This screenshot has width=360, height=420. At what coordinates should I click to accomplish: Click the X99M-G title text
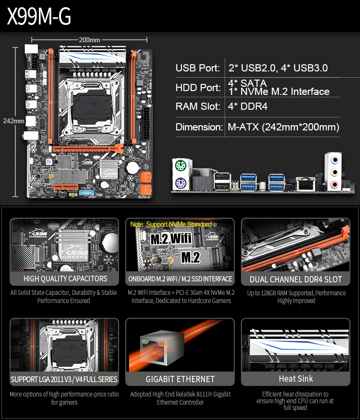[39, 16]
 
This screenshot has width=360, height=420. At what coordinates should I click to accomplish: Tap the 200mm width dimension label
[90, 39]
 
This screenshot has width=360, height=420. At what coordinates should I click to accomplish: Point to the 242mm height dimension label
[13, 121]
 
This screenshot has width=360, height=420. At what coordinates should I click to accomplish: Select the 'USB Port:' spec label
[198, 68]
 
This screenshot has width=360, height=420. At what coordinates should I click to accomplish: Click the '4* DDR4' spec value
[248, 106]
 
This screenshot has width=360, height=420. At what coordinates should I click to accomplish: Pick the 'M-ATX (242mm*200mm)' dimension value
[283, 127]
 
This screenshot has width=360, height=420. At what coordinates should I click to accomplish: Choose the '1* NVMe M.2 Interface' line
[278, 92]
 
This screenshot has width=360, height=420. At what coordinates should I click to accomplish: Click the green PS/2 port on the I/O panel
[180, 167]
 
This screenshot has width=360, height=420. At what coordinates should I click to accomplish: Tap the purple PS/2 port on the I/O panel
[180, 184]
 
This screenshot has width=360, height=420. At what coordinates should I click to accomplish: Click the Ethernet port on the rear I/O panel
[305, 183]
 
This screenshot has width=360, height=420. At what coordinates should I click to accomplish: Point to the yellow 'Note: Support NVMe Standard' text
[171, 224]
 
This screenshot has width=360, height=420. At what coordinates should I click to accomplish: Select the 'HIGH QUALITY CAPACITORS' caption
[65, 279]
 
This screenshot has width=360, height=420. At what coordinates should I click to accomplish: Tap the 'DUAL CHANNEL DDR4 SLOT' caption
[296, 279]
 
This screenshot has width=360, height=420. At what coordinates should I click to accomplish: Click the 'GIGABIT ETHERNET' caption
[180, 379]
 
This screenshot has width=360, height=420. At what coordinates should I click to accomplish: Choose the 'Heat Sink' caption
[296, 379]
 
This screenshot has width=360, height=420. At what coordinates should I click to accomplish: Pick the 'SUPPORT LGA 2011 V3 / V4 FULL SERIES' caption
[64, 379]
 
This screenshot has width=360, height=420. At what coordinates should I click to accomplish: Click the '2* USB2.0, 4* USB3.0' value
[278, 68]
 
